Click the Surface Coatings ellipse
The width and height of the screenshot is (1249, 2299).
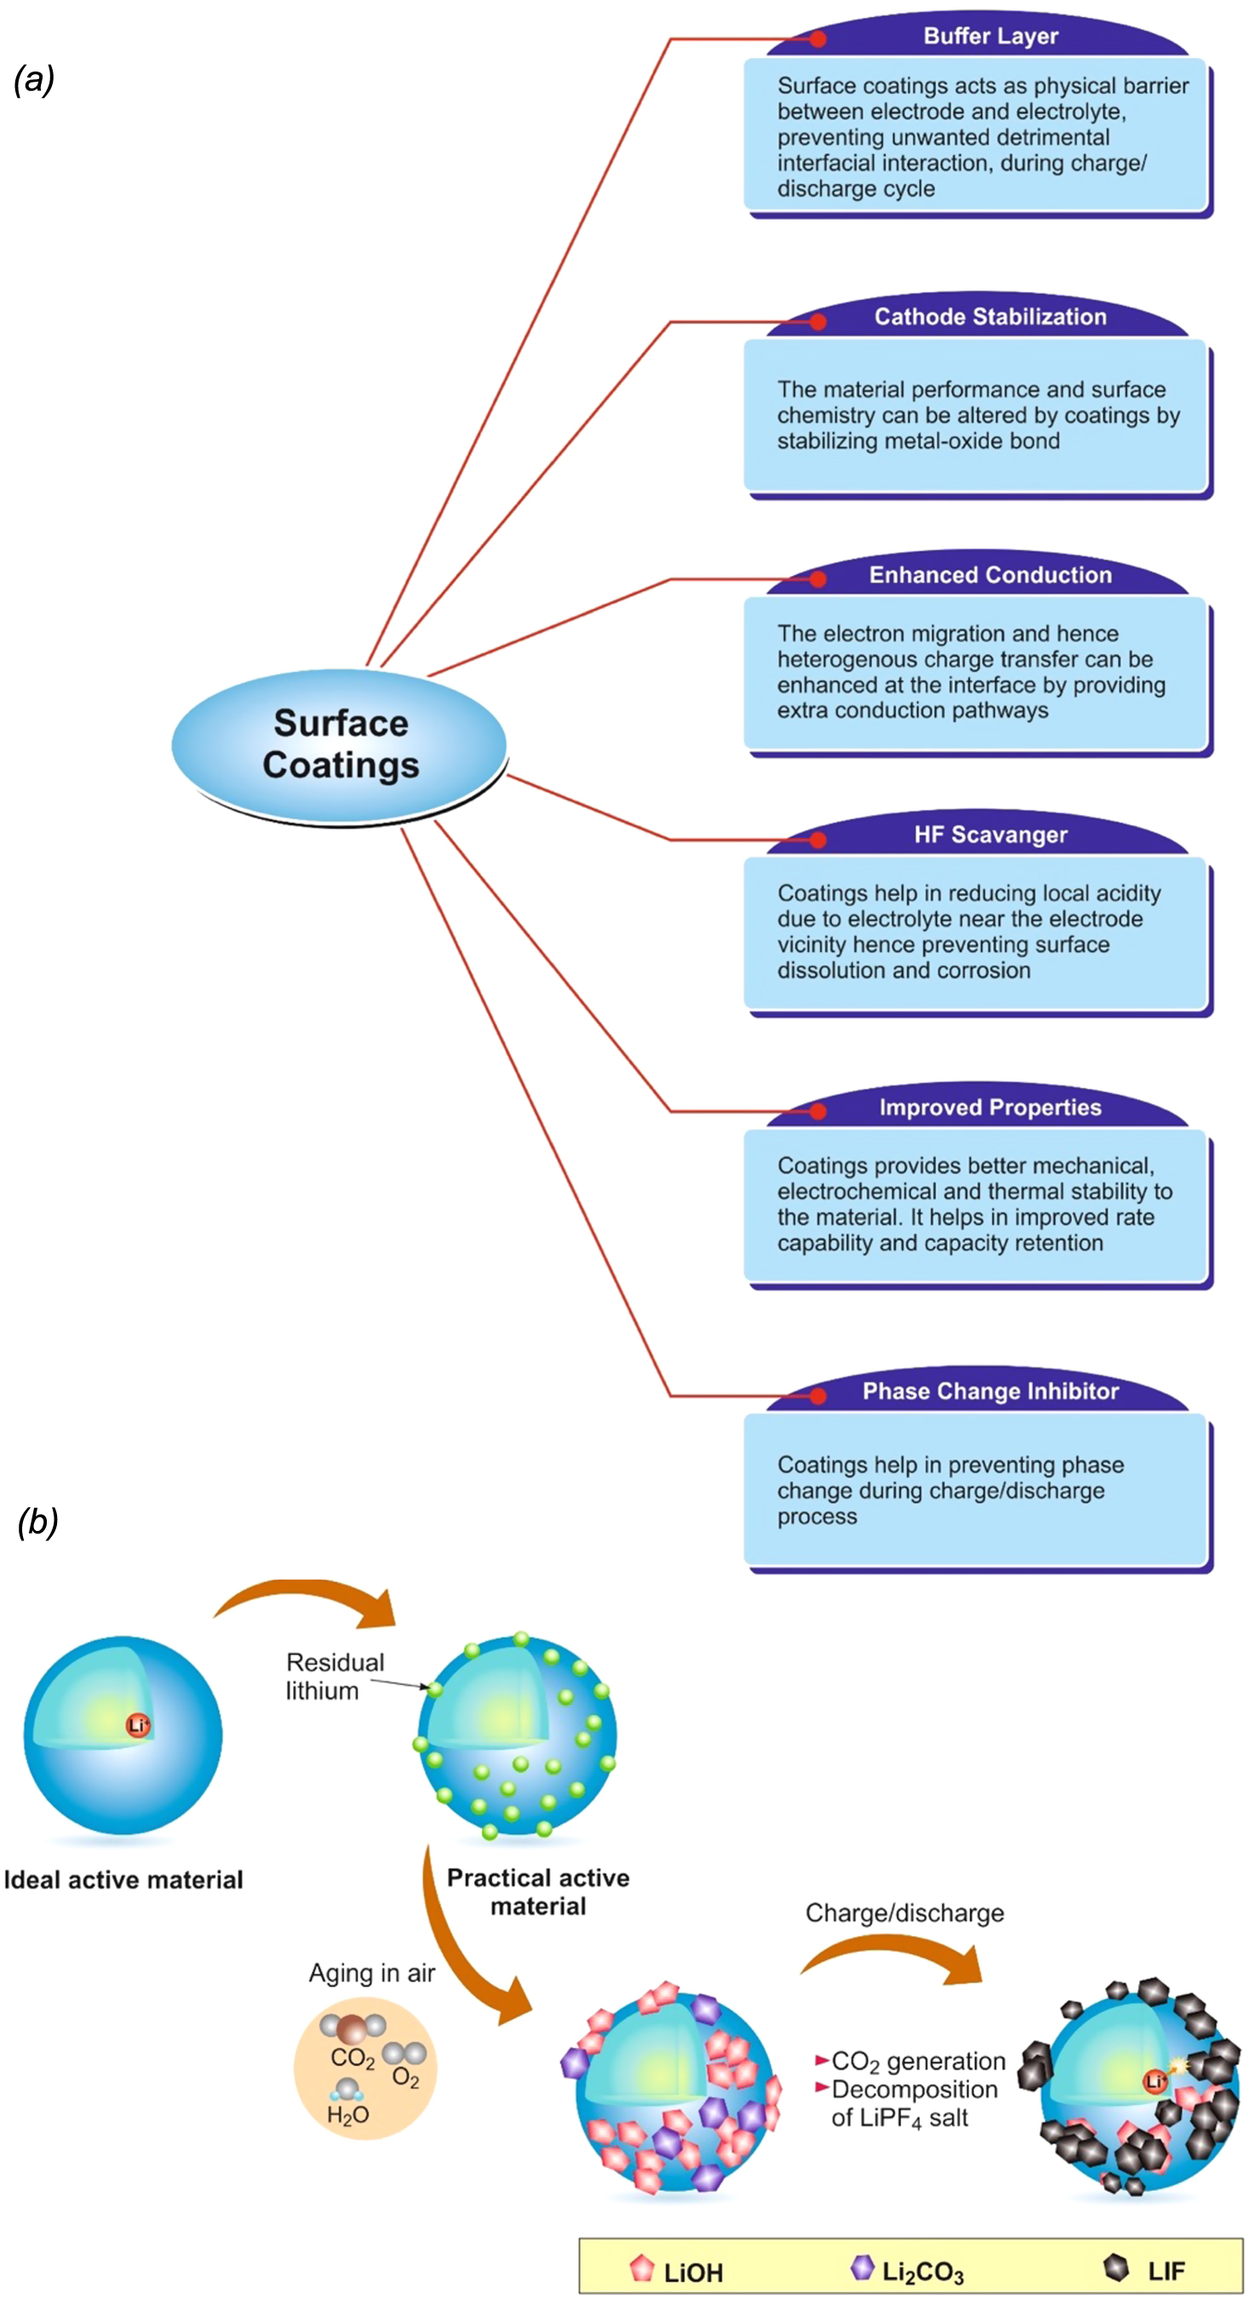click(340, 744)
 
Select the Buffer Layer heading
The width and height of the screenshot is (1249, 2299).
click(990, 36)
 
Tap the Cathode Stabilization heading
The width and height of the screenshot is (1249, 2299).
click(990, 317)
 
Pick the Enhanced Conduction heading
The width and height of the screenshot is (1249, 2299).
click(990, 575)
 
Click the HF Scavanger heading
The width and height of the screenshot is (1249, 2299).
click(990, 834)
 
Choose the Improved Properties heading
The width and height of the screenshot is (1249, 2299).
click(990, 1108)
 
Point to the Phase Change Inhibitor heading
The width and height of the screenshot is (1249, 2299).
click(990, 1391)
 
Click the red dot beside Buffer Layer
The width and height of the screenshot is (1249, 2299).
click(818, 38)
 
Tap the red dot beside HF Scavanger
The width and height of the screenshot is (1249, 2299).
click(818, 839)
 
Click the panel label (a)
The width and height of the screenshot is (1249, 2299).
click(35, 79)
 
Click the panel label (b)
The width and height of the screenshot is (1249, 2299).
click(37, 1521)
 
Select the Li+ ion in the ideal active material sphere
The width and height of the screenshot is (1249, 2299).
click(138, 1725)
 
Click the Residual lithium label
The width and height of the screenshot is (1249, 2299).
click(334, 1676)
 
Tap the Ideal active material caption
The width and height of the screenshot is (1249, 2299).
click(123, 1879)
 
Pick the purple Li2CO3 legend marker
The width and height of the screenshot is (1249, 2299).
click(862, 2267)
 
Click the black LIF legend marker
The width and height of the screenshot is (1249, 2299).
click(1116, 2267)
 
